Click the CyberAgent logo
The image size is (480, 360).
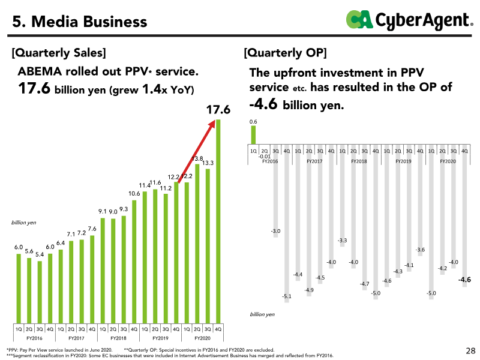[x=410, y=20]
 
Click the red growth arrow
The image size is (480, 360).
[x=197, y=152]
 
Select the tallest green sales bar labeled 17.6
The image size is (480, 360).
[x=218, y=221]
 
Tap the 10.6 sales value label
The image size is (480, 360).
[x=134, y=193]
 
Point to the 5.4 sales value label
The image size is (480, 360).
[x=40, y=254]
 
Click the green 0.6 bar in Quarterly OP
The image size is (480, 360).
[x=253, y=134]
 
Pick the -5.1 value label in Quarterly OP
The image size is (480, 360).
[x=287, y=296]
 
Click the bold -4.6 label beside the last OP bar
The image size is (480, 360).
[x=464, y=280]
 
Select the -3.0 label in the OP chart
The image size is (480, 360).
[x=275, y=231]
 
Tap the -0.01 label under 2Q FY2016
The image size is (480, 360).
[x=265, y=157]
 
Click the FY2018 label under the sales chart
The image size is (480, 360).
[x=118, y=338]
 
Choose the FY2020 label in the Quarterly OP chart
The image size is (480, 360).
[x=448, y=161]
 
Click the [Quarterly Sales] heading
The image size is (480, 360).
[x=59, y=53]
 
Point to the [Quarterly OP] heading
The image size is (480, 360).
[x=286, y=53]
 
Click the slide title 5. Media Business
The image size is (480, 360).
[x=80, y=22]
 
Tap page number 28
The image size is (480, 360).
[x=470, y=350]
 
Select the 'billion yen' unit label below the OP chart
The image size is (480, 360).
[x=262, y=314]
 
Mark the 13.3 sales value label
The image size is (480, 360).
[x=208, y=163]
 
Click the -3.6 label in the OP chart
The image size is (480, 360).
[x=420, y=250]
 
